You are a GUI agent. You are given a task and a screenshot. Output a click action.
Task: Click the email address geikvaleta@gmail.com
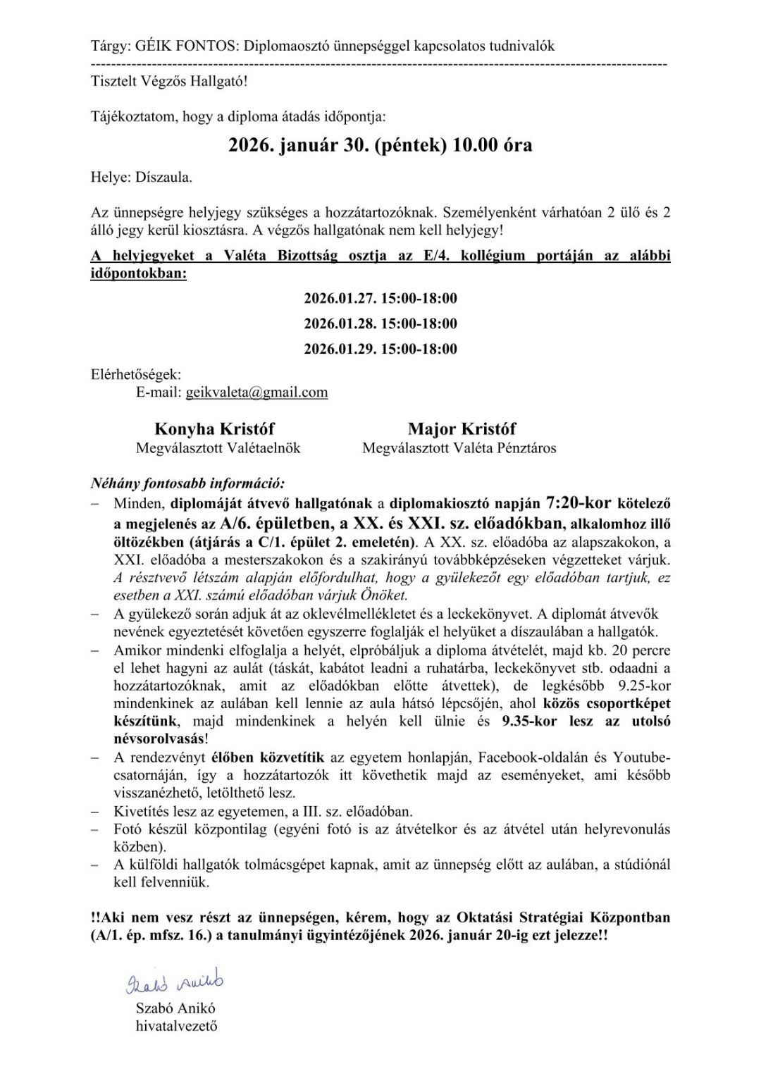coord(256,392)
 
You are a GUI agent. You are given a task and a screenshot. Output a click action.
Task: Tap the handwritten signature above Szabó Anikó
coord(174,982)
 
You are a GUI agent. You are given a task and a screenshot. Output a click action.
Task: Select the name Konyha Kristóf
coord(214,429)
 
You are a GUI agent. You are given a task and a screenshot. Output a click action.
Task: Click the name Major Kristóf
coord(461,429)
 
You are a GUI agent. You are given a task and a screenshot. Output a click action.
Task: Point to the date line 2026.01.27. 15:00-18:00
coord(380,298)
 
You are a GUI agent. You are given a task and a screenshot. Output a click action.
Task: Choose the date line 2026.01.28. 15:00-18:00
coord(380,323)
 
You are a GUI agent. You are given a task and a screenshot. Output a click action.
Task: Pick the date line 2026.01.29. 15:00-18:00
coord(380,349)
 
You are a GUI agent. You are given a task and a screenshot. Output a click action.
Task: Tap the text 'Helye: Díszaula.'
coord(141,178)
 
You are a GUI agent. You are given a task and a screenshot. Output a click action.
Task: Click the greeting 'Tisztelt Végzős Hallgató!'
coord(169,81)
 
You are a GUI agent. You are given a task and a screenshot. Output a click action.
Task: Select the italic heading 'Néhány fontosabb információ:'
coord(187,484)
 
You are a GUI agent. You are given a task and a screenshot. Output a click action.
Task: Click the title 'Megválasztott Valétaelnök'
coord(218,448)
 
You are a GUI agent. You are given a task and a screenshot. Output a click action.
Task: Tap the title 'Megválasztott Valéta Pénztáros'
coord(459,448)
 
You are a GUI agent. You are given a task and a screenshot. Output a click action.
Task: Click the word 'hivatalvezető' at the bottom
coord(176,1026)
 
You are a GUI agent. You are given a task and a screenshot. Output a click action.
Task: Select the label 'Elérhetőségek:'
coord(136,374)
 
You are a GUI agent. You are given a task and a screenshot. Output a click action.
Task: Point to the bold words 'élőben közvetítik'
coord(268,757)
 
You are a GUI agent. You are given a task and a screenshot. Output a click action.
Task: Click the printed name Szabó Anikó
coord(175,1008)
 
